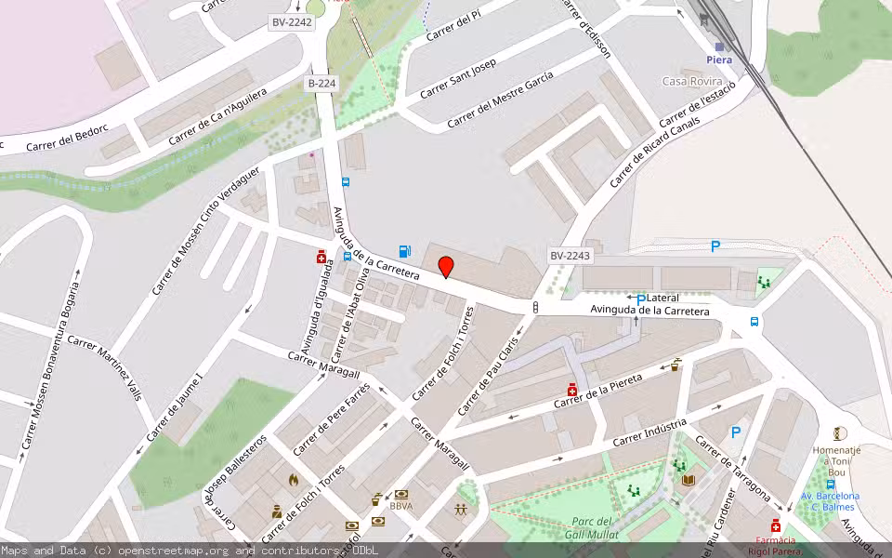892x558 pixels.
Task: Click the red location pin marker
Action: click(446, 266)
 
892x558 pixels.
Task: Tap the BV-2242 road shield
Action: click(292, 22)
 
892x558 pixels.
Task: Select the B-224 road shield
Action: click(321, 84)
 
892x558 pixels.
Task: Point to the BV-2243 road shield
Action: click(570, 256)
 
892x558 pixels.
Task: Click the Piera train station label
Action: click(718, 60)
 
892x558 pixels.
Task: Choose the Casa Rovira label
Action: click(692, 81)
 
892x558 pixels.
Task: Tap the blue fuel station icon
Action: click(404, 250)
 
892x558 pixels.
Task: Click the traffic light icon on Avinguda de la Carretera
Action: click(536, 307)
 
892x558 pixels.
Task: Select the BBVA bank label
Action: click(401, 506)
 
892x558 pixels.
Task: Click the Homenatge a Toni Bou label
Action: click(837, 456)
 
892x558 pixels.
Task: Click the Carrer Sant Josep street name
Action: click(458, 79)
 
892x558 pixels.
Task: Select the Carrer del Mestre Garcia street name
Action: click(500, 100)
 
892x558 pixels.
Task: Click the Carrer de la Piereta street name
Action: click(598, 392)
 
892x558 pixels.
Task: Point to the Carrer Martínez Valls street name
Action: click(104, 366)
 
